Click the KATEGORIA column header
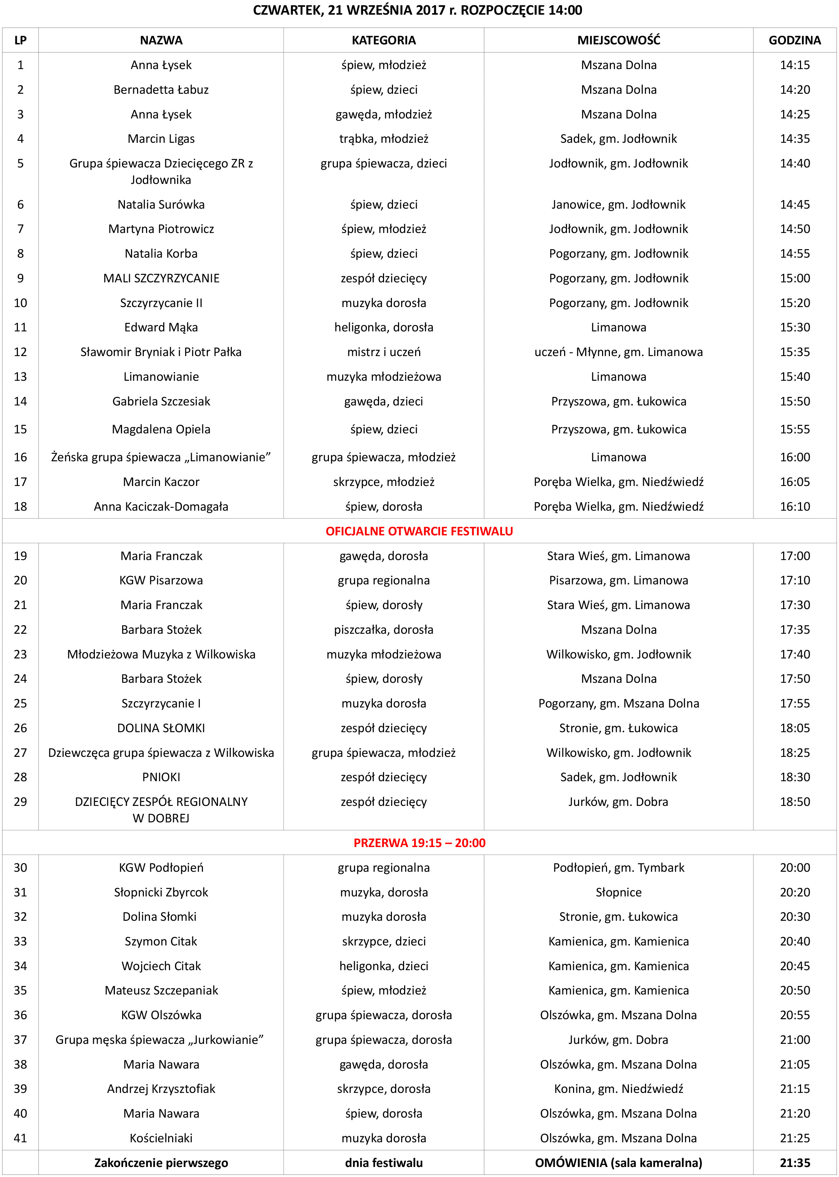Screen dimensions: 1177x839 pyautogui.click(x=383, y=40)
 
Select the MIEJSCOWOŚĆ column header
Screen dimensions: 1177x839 pyautogui.click(x=619, y=40)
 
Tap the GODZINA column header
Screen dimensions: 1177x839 pyautogui.click(x=795, y=40)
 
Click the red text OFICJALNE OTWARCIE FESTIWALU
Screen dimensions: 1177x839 pyautogui.click(x=419, y=531)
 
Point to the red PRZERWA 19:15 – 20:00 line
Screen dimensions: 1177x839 pyautogui.click(x=419, y=843)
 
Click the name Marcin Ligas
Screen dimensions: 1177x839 pyautogui.click(x=161, y=138)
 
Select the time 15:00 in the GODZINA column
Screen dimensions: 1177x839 pyautogui.click(x=795, y=278)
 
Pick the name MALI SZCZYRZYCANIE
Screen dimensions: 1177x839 pyautogui.click(x=161, y=278)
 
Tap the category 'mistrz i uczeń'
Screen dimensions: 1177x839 pyautogui.click(x=383, y=352)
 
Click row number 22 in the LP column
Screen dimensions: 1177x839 pyautogui.click(x=20, y=629)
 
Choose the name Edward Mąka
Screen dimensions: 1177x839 pyautogui.click(x=161, y=327)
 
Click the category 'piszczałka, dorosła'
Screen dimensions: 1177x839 pyautogui.click(x=383, y=629)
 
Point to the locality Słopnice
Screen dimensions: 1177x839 pyautogui.click(x=619, y=893)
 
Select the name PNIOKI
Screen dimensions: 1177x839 pyautogui.click(x=161, y=777)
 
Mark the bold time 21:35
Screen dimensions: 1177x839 pyautogui.click(x=795, y=1163)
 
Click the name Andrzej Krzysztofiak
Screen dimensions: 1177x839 pyautogui.click(x=161, y=1089)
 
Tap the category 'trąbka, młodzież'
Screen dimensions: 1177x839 pyautogui.click(x=383, y=138)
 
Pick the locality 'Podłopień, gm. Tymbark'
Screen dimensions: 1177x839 pyautogui.click(x=619, y=868)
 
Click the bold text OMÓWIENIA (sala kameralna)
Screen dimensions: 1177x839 pyautogui.click(x=619, y=1163)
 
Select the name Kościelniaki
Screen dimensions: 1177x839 pyautogui.click(x=161, y=1138)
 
